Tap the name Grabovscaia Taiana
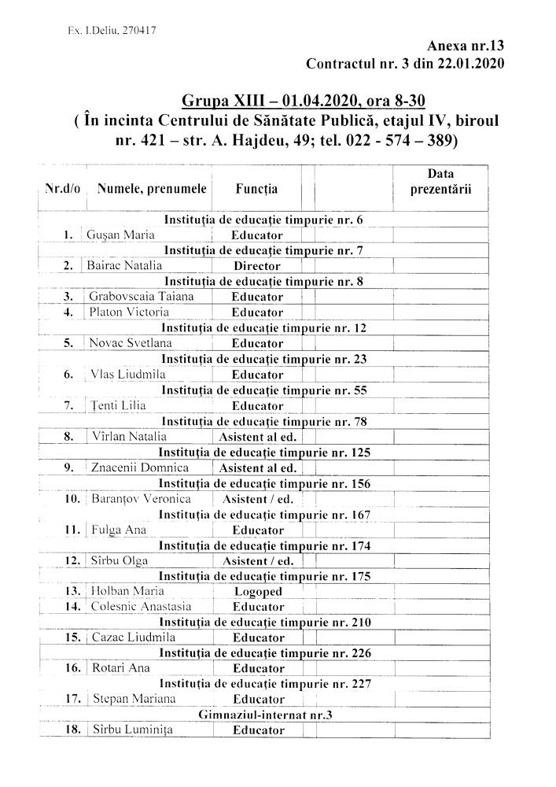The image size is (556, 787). tap(141, 297)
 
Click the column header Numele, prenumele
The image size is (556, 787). tap(152, 189)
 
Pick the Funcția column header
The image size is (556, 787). tap(256, 189)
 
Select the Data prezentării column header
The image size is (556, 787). tap(440, 181)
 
